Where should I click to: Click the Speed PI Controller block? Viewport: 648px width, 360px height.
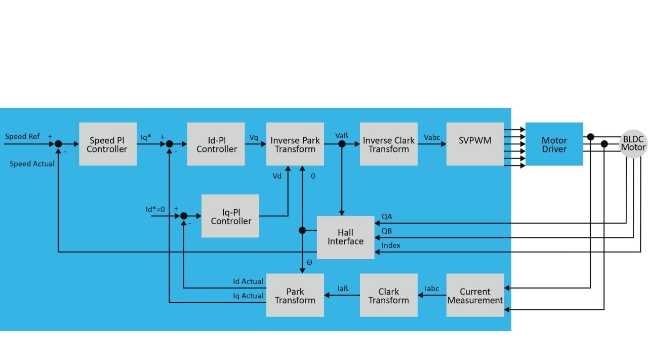click(x=107, y=144)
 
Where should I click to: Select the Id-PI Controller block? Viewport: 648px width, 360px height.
click(x=216, y=144)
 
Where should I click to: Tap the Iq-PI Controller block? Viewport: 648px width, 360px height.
click(x=230, y=216)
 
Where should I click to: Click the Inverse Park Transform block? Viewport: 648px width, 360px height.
click(x=295, y=144)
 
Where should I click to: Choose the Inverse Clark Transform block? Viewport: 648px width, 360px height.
click(x=389, y=144)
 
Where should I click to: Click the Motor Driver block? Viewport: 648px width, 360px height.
click(x=554, y=144)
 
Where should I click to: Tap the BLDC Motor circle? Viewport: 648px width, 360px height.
click(x=633, y=143)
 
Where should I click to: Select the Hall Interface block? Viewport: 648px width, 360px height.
click(x=345, y=237)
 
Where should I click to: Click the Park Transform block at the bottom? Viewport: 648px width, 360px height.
click(x=295, y=296)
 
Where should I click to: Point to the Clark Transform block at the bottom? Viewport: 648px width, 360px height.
click(x=389, y=296)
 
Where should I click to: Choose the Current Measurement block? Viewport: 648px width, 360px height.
click(x=475, y=296)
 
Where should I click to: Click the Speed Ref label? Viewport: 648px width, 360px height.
click(x=22, y=137)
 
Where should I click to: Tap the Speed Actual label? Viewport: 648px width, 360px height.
click(x=32, y=164)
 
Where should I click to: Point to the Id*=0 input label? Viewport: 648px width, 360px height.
click(x=155, y=209)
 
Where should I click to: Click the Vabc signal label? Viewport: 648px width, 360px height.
click(x=432, y=137)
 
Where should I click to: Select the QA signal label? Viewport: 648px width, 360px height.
click(x=387, y=217)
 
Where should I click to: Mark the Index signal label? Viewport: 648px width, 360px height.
click(x=391, y=246)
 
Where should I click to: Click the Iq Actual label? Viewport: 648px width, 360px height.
click(x=248, y=296)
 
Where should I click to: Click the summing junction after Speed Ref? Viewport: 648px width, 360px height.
click(x=59, y=144)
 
